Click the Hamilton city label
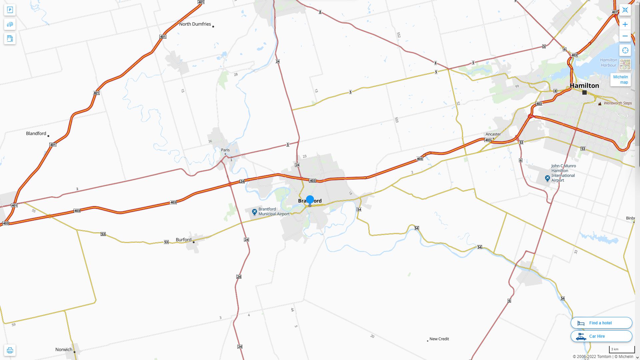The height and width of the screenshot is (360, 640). point(584,86)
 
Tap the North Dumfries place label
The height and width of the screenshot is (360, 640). point(195,24)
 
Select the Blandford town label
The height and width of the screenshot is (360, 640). point(36,133)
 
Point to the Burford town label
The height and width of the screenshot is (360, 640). point(184,240)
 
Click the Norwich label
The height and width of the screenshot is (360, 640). point(64,349)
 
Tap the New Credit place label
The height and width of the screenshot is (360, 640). point(439,339)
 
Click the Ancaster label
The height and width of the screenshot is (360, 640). point(493,134)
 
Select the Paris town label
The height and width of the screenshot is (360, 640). point(225,150)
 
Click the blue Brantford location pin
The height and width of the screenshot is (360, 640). point(310,200)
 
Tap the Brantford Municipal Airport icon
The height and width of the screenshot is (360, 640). point(254,212)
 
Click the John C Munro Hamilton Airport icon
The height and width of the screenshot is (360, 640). point(547,179)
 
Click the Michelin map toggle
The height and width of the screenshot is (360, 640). point(620,80)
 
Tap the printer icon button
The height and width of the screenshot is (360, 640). point(10,350)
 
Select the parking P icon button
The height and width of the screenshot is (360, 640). point(10,10)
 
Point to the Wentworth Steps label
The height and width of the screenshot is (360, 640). point(618,103)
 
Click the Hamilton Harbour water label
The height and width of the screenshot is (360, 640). point(609,63)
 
